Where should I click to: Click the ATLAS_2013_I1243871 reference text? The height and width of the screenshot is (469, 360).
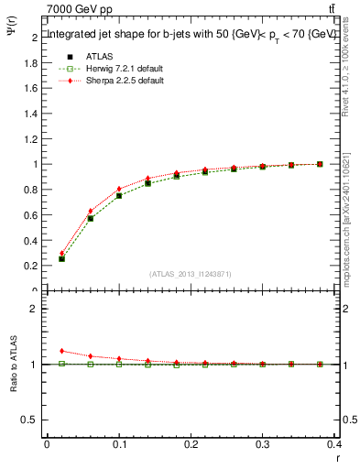coord(191,275)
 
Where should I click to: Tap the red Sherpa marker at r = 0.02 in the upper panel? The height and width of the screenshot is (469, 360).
coord(61,253)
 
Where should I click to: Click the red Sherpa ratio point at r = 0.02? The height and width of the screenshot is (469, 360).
coord(61,351)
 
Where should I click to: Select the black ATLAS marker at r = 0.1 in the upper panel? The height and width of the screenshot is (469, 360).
coord(119,196)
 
